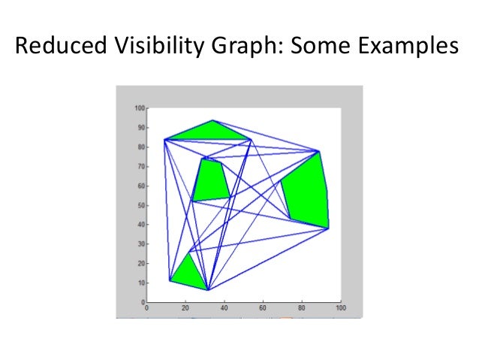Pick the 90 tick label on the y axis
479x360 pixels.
pyautogui.click(x=140, y=127)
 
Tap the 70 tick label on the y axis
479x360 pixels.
pyautogui.click(x=140, y=166)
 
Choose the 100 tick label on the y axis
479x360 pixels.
pyautogui.click(x=139, y=108)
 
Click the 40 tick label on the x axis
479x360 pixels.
pyautogui.click(x=224, y=308)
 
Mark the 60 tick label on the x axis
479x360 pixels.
pyautogui.click(x=263, y=308)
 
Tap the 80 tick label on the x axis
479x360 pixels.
pyautogui.click(x=302, y=308)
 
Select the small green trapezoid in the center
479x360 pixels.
pyautogui.click(x=212, y=180)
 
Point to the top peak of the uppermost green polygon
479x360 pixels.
pyautogui.click(x=213, y=120)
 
